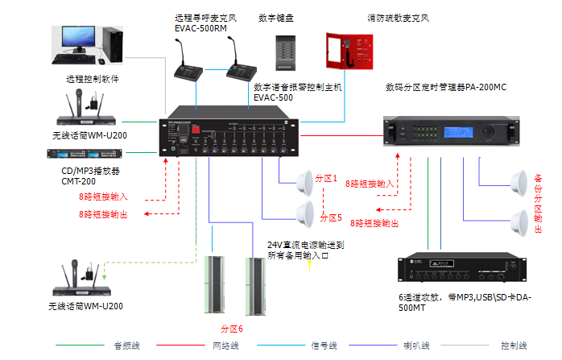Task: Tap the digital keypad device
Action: pos(283,54)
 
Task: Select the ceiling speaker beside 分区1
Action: pos(307,181)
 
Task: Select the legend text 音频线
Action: pos(122,345)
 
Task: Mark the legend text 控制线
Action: pos(514,345)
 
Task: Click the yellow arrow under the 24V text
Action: pos(308,267)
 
